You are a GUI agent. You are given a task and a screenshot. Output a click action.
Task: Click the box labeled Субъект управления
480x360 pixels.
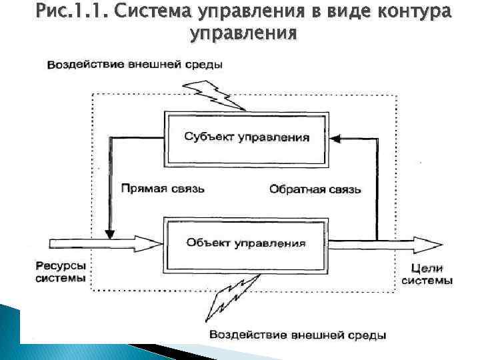click(246, 138)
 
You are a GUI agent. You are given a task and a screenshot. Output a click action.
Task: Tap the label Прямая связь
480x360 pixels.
click(163, 189)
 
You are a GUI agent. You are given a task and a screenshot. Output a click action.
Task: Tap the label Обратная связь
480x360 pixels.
click(315, 189)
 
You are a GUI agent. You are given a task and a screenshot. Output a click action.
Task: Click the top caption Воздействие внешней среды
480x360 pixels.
click(134, 65)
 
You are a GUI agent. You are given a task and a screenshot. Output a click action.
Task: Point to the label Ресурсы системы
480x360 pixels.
click(61, 272)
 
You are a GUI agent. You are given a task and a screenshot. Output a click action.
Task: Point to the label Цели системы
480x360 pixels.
click(427, 274)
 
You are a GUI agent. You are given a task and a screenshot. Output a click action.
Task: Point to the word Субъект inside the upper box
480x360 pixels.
click(207, 138)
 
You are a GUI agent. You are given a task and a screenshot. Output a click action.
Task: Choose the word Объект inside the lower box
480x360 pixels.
click(207, 243)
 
